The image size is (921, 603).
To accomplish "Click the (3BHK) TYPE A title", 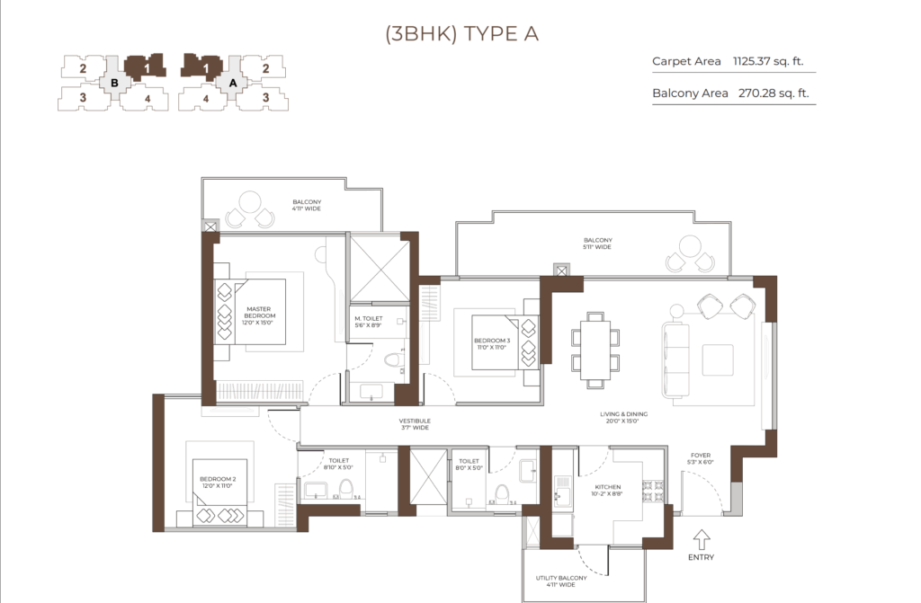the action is (461, 34).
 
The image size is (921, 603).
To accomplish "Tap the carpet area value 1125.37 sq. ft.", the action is (768, 61).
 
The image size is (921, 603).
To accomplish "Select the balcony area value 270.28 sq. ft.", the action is (773, 93).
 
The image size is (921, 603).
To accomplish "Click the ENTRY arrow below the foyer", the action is (702, 539).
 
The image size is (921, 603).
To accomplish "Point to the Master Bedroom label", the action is (258, 315).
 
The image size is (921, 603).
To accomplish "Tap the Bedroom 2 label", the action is (218, 483).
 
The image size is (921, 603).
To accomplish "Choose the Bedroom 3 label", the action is (492, 344).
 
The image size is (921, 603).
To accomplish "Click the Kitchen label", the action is (607, 491).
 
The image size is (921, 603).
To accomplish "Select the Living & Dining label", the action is (623, 418).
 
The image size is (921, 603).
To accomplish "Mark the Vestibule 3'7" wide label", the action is (415, 424).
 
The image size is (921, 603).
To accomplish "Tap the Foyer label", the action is (701, 458).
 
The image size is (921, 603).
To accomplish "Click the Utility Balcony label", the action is (561, 581).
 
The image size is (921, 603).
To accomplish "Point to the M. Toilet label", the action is (368, 321).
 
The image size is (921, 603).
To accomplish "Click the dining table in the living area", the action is (595, 350).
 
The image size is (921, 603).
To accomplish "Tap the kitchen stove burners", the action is (654, 492).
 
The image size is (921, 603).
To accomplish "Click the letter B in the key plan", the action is (114, 83).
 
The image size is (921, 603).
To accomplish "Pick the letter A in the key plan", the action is (233, 83).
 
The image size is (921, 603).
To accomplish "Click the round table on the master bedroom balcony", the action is (250, 201).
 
